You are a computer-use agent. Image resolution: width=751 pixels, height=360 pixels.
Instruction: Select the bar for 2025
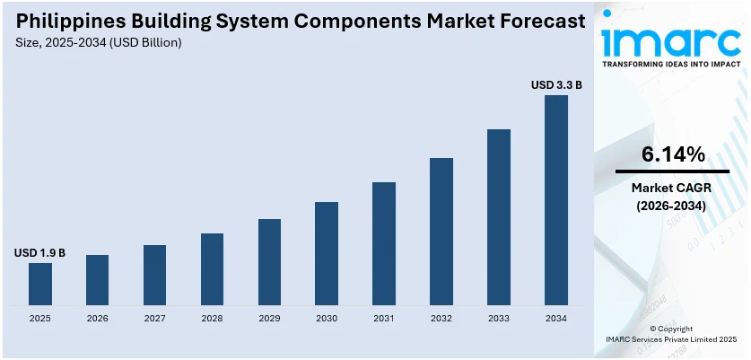click(x=40, y=283)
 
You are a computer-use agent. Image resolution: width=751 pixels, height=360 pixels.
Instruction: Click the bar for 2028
click(x=212, y=268)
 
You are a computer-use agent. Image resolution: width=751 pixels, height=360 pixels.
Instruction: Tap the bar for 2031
click(x=384, y=242)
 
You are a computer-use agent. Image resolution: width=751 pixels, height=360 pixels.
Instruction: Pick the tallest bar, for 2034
click(x=556, y=199)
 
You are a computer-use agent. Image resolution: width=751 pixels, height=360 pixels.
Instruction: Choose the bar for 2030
click(x=327, y=252)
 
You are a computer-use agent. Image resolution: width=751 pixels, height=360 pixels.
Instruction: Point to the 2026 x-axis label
click(x=97, y=318)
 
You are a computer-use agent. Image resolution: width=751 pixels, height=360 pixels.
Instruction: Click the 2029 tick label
click(x=269, y=318)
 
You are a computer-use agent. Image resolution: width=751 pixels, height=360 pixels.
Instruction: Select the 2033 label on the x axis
click(x=499, y=318)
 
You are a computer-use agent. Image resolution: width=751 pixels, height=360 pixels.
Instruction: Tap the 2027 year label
click(x=154, y=318)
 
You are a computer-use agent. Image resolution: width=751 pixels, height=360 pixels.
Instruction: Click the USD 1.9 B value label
click(x=39, y=254)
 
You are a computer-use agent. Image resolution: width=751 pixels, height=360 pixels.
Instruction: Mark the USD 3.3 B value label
click(x=556, y=85)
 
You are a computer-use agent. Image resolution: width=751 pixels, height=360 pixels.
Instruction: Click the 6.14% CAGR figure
click(x=672, y=154)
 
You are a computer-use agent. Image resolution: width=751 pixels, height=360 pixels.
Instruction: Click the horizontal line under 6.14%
click(x=672, y=171)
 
